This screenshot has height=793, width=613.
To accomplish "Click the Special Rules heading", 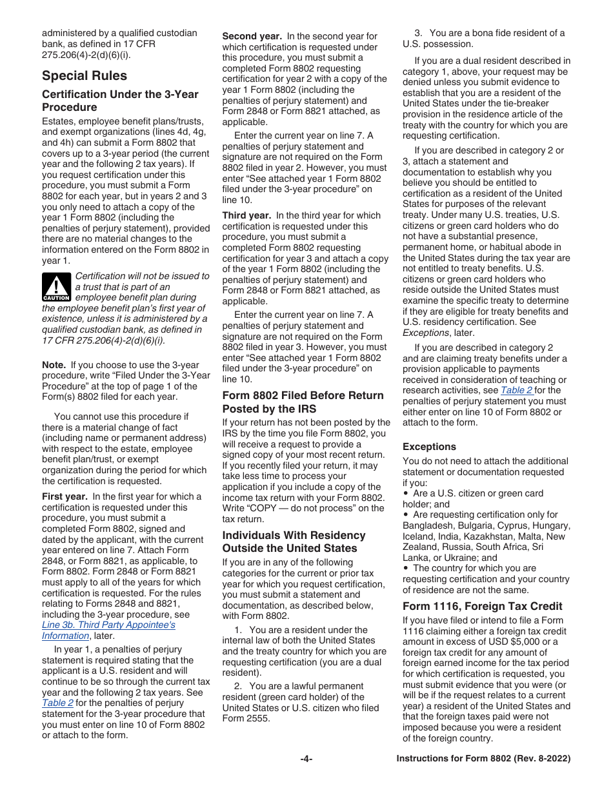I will [x=85, y=76].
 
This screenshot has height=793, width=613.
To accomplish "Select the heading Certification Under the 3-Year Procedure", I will [x=120, y=101].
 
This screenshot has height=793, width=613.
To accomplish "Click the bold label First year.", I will [x=65, y=496].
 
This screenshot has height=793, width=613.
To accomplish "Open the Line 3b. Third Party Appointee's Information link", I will [x=108, y=630].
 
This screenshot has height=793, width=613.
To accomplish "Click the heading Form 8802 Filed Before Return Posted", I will [x=303, y=402].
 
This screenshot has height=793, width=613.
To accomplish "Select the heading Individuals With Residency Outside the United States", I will [x=294, y=542].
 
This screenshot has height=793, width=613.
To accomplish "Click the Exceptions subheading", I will [x=429, y=447].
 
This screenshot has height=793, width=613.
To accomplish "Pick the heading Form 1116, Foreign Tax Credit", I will [x=482, y=606].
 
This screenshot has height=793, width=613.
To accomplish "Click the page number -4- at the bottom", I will [x=306, y=759].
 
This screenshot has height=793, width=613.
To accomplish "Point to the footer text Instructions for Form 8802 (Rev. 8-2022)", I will [x=483, y=759].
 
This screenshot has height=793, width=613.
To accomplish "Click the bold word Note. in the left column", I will [x=54, y=365].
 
